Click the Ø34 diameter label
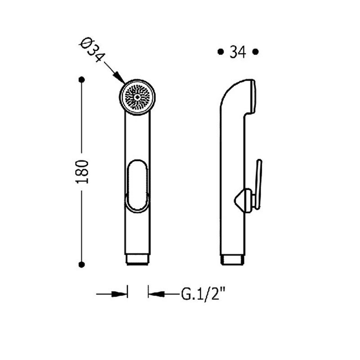pyautogui.click(x=92, y=50)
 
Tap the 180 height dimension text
pyautogui.click(x=82, y=172)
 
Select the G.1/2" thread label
pyautogui.click(x=203, y=294)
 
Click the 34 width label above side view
pyautogui.click(x=238, y=52)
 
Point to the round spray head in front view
pyautogui.click(x=137, y=97)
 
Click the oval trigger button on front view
pyautogui.click(x=137, y=185)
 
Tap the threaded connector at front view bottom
pyautogui.click(x=138, y=259)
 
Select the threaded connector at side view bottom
pyautogui.click(x=232, y=260)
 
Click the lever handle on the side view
pyautogui.click(x=258, y=184)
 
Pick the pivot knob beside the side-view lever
pyautogui.click(x=243, y=201)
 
